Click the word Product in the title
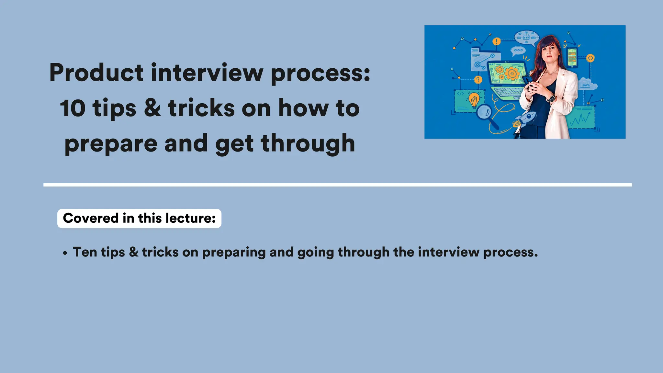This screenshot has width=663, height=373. (x=96, y=73)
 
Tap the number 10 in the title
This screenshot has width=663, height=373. (x=73, y=108)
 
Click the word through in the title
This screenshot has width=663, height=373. (x=308, y=143)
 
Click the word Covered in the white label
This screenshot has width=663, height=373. (x=91, y=218)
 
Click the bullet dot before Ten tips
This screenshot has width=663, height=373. (x=65, y=253)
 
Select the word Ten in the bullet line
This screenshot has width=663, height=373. (x=85, y=252)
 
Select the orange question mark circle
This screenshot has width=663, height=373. (x=478, y=80)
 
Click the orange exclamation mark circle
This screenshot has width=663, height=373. (x=496, y=41)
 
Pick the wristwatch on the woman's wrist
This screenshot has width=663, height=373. (x=551, y=97)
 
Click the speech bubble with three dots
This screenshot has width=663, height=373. (x=518, y=51)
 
